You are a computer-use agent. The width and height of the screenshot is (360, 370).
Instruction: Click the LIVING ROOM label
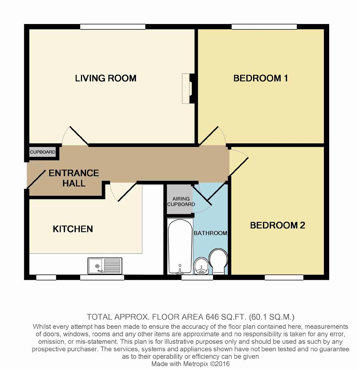tap(106, 78)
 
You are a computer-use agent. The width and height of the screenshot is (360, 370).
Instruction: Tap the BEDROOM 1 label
tap(261, 78)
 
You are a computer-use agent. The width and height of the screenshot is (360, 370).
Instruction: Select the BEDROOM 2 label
tap(277, 225)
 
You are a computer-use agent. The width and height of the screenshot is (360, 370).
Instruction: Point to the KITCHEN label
tap(73, 229)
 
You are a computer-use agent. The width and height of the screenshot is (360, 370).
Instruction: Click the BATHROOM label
tap(210, 233)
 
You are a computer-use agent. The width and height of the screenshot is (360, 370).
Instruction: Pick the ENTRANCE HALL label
tap(74, 178)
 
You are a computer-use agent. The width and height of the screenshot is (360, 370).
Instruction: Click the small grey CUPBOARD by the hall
tap(43, 152)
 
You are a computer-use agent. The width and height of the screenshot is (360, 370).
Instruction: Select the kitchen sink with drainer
tap(105, 266)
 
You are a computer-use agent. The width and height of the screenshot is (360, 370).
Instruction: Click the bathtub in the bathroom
tap(180, 246)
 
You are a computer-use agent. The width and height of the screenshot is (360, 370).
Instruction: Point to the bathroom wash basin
tap(200, 267)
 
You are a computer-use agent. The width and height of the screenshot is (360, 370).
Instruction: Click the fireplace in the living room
tap(187, 88)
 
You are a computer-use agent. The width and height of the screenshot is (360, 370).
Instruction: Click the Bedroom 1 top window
tap(264, 27)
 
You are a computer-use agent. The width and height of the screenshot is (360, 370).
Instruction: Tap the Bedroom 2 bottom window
tap(284, 277)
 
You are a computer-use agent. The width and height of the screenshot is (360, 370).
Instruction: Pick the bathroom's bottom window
tap(192, 277)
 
